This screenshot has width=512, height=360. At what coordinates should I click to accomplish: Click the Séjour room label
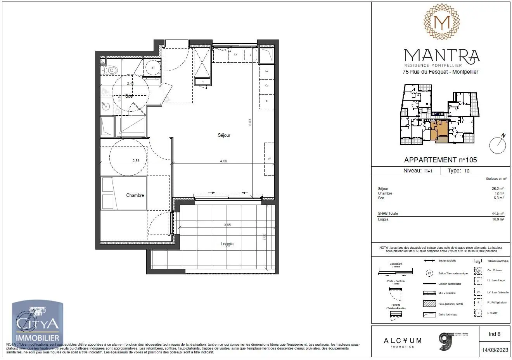click(224, 135)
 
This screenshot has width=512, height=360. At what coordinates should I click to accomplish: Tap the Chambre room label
click(135, 195)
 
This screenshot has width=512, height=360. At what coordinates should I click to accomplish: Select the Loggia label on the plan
click(227, 244)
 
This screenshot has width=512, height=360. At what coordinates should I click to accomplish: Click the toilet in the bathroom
click(110, 70)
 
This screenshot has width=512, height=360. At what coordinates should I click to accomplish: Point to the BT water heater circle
click(153, 67)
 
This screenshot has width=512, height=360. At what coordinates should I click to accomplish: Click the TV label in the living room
click(268, 159)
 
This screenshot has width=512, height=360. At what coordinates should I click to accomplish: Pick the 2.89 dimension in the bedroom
click(136, 161)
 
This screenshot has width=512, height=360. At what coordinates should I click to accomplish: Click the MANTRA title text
click(441, 55)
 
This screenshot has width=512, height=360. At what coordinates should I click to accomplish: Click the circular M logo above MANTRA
click(441, 23)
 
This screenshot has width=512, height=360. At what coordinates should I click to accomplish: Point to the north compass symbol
click(498, 144)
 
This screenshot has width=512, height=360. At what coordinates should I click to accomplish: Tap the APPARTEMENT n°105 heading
click(440, 160)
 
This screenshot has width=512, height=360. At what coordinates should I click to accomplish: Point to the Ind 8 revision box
click(494, 334)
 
